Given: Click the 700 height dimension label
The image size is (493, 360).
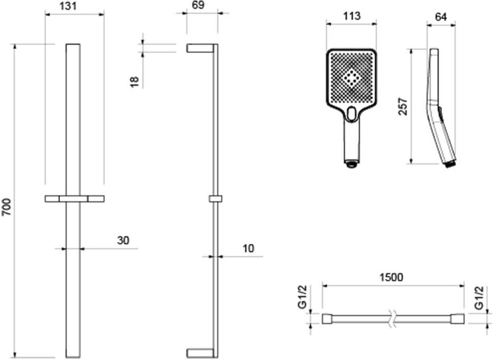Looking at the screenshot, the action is [x=7, y=207].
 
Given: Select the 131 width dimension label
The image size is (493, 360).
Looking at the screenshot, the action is [x=68, y=6].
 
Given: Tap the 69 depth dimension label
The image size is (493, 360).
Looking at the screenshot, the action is [x=198, y=5].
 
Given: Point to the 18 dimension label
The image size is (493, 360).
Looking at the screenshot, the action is [x=135, y=82].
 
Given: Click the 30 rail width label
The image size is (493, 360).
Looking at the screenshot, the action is [x=123, y=240].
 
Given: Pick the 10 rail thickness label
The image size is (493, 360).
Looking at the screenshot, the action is [x=248, y=248].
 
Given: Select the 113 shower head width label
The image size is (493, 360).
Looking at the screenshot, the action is [x=352, y=16].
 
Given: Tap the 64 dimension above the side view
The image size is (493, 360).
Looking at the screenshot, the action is [x=441, y=17].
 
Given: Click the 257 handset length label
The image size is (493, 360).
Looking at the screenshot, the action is [x=403, y=107].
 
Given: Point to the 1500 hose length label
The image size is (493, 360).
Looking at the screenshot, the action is [x=391, y=277].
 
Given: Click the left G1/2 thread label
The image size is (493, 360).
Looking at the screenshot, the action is [x=303, y=298].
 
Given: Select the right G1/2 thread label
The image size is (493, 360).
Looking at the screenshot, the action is [x=479, y=298].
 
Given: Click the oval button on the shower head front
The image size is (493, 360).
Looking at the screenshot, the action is [x=352, y=113].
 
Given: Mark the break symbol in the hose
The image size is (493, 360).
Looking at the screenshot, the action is [x=392, y=318].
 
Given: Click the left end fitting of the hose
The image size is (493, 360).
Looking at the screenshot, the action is [x=329, y=319].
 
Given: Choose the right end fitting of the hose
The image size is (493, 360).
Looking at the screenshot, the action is [x=457, y=319].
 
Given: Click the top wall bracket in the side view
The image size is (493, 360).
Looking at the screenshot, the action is [x=200, y=48].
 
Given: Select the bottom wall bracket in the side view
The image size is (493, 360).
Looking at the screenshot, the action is [x=200, y=353].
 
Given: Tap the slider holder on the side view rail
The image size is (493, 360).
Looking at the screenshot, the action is [x=215, y=199].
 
